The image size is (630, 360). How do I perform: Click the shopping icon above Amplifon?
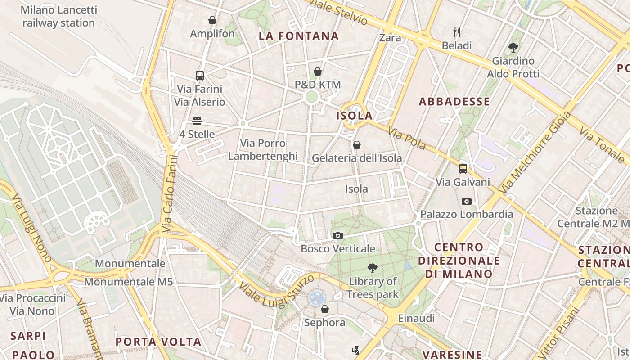[x=212, y=20]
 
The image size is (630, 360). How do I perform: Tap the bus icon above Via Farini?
[x=200, y=76]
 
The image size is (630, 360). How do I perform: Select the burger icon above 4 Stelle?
[x=197, y=121]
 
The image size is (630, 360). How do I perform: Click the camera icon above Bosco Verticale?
[x=338, y=235]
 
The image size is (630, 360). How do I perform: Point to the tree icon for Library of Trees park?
[x=373, y=268]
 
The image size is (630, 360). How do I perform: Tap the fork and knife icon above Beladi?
[x=457, y=32]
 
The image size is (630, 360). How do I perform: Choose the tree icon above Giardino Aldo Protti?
[x=513, y=47]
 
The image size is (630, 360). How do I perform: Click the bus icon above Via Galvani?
[x=463, y=169]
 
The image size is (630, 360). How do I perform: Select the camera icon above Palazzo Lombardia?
[x=467, y=201]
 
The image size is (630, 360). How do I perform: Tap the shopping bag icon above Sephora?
[x=325, y=309]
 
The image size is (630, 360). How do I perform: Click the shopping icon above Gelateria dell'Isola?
[x=357, y=145]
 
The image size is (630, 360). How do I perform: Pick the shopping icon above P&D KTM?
[x=318, y=72]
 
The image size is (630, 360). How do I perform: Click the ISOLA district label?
[x=355, y=116]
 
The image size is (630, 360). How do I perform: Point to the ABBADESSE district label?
[x=454, y=102]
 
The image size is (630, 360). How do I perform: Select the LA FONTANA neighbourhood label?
[x=299, y=36]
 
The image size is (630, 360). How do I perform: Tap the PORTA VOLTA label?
[x=158, y=342]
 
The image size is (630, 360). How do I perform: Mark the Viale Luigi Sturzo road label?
[x=276, y=291]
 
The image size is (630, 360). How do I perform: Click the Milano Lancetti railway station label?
[x=58, y=16]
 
